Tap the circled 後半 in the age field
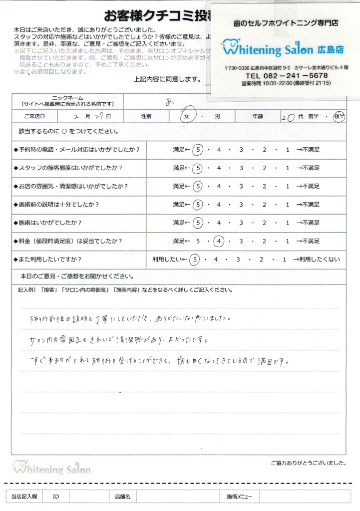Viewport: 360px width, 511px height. click(x=339, y=116)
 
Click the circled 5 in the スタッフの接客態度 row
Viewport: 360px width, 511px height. click(x=198, y=168)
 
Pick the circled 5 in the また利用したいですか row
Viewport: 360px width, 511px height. click(x=194, y=259)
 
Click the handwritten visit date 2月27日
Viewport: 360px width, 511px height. click(x=91, y=116)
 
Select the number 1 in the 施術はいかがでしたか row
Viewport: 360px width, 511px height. click(x=287, y=223)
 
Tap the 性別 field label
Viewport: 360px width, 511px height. click(x=146, y=116)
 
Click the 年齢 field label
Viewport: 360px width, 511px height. click(x=258, y=116)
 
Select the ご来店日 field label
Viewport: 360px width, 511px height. click(x=33, y=116)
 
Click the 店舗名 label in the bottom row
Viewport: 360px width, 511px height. click(x=122, y=497)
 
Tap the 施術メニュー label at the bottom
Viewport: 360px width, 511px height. click(x=239, y=497)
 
